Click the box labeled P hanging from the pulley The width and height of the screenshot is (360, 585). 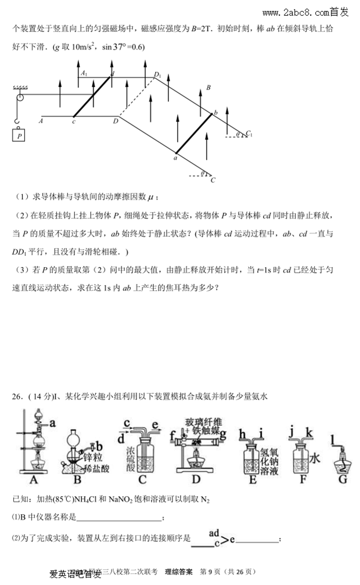point(20,135)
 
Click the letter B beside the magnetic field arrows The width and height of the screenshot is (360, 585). point(208,88)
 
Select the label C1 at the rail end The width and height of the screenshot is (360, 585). point(249,134)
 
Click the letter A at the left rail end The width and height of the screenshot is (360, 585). point(41,121)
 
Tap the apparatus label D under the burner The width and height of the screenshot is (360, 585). point(196,479)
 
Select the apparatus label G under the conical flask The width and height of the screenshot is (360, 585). point(342,479)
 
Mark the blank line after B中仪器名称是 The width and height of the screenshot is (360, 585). point(119,519)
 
